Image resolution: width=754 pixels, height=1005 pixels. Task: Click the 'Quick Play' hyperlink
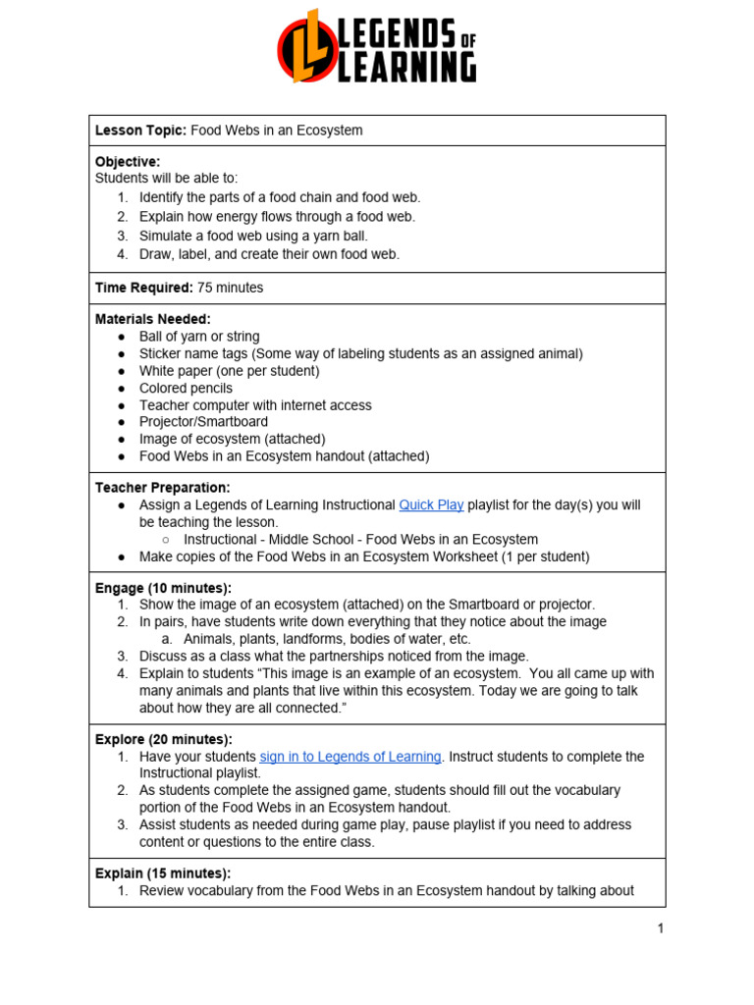pyautogui.click(x=431, y=504)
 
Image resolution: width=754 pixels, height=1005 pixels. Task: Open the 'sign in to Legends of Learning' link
pyautogui.click(x=350, y=757)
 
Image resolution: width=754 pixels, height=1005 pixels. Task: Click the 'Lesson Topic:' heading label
pyautogui.click(x=140, y=131)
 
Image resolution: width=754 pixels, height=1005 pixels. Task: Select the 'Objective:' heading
pyautogui.click(x=128, y=161)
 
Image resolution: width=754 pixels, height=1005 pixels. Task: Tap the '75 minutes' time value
pyautogui.click(x=230, y=288)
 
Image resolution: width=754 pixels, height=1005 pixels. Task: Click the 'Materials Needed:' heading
pyautogui.click(x=152, y=319)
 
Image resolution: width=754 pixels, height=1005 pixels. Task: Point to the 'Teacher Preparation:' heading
pyautogui.click(x=162, y=488)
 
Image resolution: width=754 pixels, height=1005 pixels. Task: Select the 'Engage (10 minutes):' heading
pyautogui.click(x=163, y=588)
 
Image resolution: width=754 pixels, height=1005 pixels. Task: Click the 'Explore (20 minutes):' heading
pyautogui.click(x=163, y=739)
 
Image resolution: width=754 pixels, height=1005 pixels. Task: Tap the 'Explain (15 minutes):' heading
pyautogui.click(x=162, y=873)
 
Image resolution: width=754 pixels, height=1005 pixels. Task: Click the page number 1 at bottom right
pyautogui.click(x=661, y=928)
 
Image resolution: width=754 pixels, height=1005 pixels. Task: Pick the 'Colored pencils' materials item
pyautogui.click(x=186, y=388)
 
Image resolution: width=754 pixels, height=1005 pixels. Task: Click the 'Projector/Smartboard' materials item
pyautogui.click(x=203, y=422)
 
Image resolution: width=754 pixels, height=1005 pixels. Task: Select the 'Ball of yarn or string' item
pyautogui.click(x=199, y=337)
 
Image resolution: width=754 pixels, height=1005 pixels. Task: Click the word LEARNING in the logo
pyautogui.click(x=407, y=68)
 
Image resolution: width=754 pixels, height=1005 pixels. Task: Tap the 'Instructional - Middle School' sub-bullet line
pyautogui.click(x=360, y=539)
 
